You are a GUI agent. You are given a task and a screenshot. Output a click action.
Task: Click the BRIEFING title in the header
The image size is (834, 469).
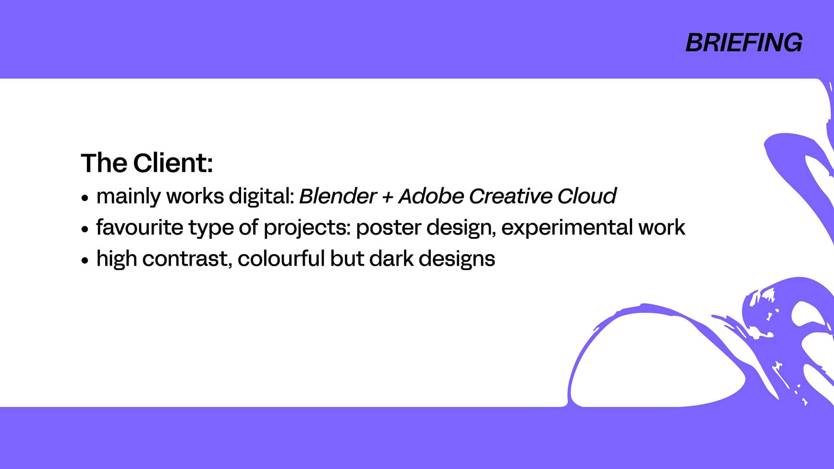click(x=744, y=43)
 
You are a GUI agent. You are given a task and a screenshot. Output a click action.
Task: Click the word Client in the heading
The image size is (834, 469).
click(x=173, y=163)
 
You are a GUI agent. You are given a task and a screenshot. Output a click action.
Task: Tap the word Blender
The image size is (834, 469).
click(x=338, y=196)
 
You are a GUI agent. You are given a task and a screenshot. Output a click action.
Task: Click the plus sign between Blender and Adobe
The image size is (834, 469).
click(x=387, y=197)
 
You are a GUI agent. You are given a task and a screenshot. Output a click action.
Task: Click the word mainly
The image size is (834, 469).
click(x=129, y=196)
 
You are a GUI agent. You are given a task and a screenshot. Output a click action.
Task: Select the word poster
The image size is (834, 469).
click(x=388, y=228)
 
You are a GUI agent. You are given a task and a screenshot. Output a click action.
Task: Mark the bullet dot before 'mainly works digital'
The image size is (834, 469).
click(x=85, y=198)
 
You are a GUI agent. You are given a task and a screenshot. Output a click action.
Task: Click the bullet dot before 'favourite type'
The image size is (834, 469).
click(x=85, y=229)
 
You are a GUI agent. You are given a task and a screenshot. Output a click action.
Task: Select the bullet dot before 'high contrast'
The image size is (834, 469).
click(x=85, y=261)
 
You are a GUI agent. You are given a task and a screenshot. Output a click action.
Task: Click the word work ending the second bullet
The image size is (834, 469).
click(x=662, y=227)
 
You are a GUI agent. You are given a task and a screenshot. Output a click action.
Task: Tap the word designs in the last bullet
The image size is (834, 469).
click(x=457, y=259)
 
